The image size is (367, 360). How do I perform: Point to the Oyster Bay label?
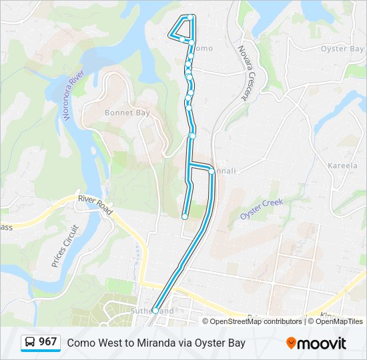pyautogui.click(x=342, y=49)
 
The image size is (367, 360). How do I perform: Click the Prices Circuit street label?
pyautogui.click(x=65, y=245)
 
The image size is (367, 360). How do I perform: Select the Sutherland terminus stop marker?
pyautogui.click(x=155, y=310)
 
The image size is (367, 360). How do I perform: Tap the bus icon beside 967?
pyautogui.click(x=29, y=343)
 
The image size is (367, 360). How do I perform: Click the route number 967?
pyautogui.click(x=48, y=342)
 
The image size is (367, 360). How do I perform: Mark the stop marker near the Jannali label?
pyautogui.click(x=212, y=171)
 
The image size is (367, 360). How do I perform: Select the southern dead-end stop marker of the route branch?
pyautogui.click(x=185, y=216)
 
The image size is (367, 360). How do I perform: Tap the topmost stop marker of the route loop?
pyautogui.click(x=191, y=17)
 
